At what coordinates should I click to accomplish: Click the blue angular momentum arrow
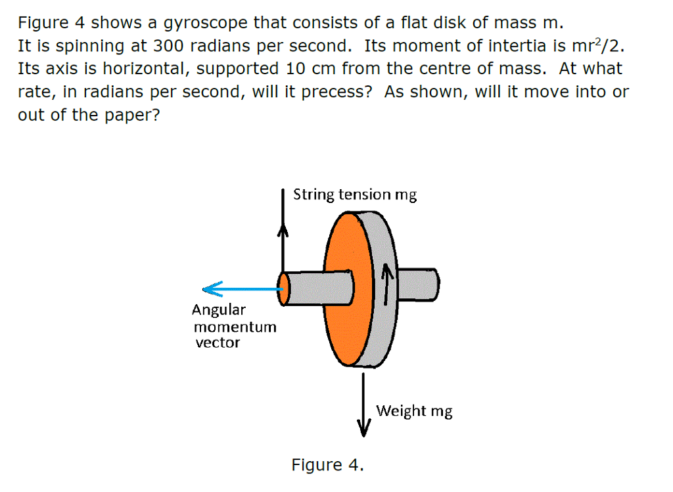click(240, 288)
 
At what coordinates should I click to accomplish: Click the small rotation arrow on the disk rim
click(387, 283)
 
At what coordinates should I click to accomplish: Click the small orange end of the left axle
click(283, 289)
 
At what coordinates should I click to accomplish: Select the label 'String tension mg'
click(354, 195)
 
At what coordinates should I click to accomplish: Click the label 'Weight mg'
click(414, 411)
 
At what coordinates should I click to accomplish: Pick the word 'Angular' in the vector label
click(219, 310)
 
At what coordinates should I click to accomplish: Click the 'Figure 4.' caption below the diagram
click(327, 465)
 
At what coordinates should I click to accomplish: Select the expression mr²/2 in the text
click(590, 47)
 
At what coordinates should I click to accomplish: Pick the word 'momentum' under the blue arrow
click(235, 326)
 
